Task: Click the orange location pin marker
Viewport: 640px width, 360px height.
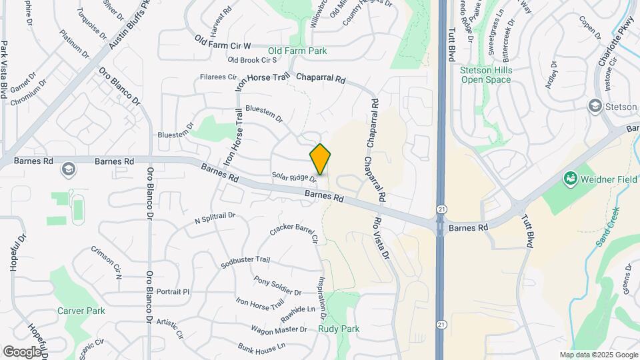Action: click(x=320, y=159)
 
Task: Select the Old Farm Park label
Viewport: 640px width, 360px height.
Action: click(x=297, y=51)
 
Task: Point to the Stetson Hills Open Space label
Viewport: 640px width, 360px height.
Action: click(x=485, y=75)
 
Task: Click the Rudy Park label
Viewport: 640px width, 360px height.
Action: click(x=339, y=329)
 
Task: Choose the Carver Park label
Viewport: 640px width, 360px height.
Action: click(x=81, y=311)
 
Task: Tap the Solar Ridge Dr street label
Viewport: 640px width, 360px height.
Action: click(x=293, y=177)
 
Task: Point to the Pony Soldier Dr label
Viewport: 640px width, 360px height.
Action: click(x=277, y=287)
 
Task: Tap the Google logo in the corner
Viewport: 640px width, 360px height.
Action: click(x=22, y=351)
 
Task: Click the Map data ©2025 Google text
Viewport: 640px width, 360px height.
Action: click(x=598, y=355)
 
